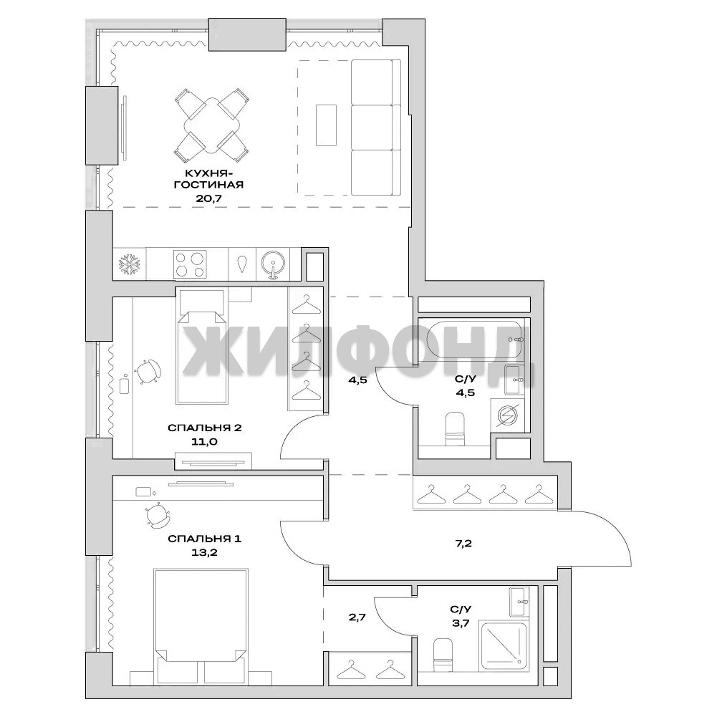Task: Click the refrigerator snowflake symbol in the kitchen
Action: pyautogui.click(x=129, y=264)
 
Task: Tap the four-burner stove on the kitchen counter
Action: pyautogui.click(x=190, y=264)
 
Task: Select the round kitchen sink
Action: pyautogui.click(x=273, y=264)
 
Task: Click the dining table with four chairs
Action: pyautogui.click(x=212, y=125)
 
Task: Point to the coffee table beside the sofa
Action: pyautogui.click(x=326, y=125)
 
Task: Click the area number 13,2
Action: pyautogui.click(x=204, y=552)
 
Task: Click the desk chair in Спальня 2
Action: pyautogui.click(x=148, y=371)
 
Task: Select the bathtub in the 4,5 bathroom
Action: pyautogui.click(x=474, y=340)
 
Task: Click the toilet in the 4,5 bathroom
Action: pyautogui.click(x=455, y=428)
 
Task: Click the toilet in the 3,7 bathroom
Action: pyautogui.click(x=443, y=655)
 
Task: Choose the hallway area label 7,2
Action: pyautogui.click(x=463, y=544)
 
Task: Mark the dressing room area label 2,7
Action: pyautogui.click(x=357, y=617)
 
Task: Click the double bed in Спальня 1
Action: pyautogui.click(x=201, y=627)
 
